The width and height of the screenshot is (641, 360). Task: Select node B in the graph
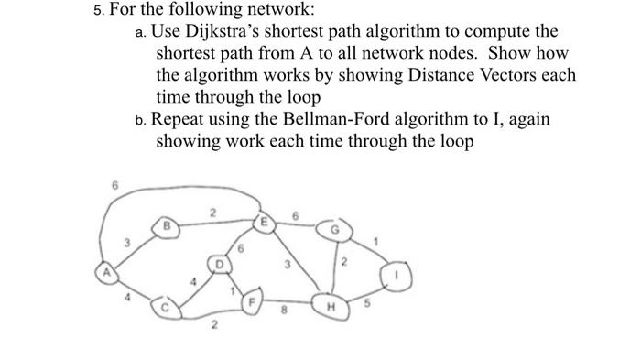tap(168, 224)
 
